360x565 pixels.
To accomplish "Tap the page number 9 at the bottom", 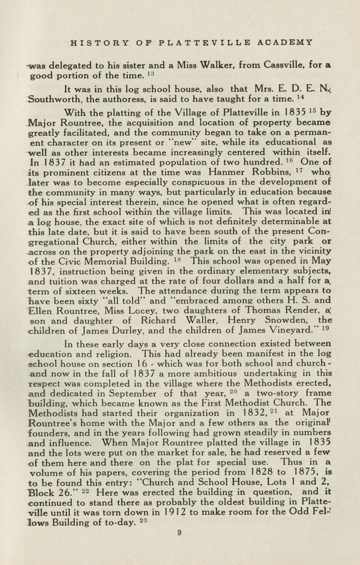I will pos(179,533).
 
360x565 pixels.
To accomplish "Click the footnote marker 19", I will pos(326,328).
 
